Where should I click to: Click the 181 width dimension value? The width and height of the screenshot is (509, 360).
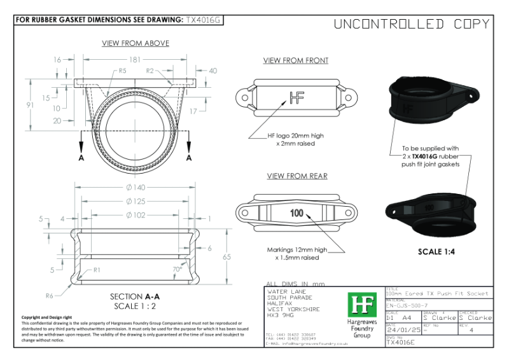point(134,59)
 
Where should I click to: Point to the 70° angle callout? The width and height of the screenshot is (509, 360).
point(177,269)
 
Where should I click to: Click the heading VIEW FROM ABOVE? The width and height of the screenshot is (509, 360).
point(136,43)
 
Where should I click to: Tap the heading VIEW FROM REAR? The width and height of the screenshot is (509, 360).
point(296,176)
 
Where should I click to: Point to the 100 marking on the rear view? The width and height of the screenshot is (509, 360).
point(296,212)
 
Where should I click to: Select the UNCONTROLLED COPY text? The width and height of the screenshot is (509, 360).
point(412,24)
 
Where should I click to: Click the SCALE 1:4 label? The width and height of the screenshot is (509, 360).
point(436,251)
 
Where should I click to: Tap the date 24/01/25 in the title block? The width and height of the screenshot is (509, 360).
point(403,331)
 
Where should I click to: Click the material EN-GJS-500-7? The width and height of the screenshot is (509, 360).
point(410,306)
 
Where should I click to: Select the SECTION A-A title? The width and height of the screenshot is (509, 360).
point(134,296)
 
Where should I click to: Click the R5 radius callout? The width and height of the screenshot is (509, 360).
point(122,70)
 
